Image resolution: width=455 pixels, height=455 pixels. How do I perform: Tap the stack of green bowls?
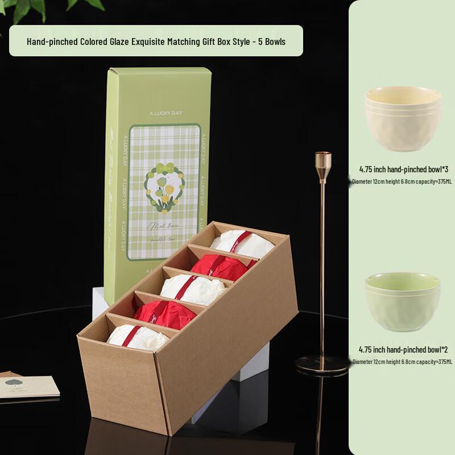pos(403,301)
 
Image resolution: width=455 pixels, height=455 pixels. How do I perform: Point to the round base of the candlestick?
pos(322,364)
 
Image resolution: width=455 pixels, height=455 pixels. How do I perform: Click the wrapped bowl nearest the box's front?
pos(137,337)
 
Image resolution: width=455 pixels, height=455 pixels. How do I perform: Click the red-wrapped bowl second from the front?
pos(165,314)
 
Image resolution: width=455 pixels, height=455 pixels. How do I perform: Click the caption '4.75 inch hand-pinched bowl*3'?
pos(403,169)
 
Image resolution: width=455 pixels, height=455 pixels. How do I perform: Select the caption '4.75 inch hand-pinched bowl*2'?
pos(403,349)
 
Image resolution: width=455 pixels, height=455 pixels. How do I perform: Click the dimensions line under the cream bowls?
pos(403,181)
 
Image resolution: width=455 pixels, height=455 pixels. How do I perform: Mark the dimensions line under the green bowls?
pos(403,361)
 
